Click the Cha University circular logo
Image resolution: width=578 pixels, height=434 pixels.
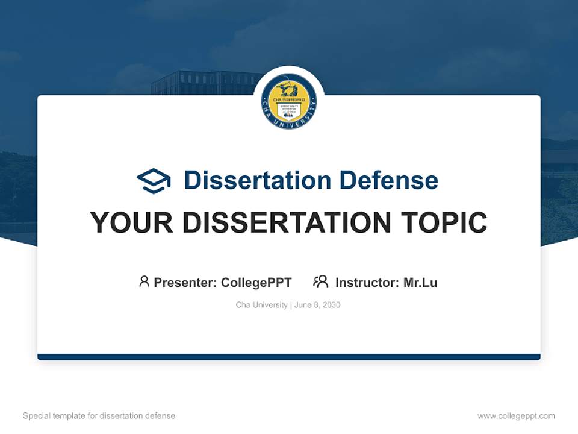point(289,101)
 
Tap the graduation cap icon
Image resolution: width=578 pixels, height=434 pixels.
point(154,181)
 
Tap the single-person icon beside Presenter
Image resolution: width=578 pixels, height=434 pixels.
point(144,281)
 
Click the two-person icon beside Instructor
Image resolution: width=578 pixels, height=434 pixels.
point(320,281)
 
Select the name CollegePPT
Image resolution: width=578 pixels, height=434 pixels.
point(256,282)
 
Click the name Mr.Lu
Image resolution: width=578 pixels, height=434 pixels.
point(420,282)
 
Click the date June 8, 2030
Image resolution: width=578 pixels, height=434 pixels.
point(317,305)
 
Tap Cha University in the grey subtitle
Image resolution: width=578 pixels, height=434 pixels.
point(261,305)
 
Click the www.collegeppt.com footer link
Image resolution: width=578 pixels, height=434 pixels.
point(516,416)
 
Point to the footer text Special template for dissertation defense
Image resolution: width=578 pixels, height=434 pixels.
point(99,416)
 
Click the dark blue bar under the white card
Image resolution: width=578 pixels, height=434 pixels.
point(289,357)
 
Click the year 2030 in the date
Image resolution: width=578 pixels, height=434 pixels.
point(331,305)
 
